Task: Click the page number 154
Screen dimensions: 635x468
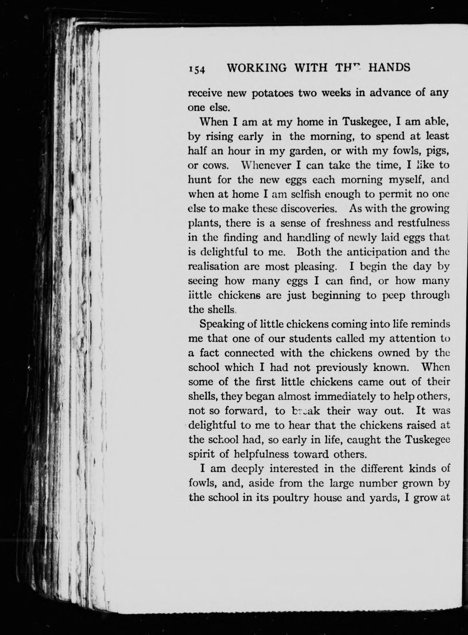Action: [x=196, y=69]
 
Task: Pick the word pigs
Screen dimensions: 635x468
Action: [x=437, y=151]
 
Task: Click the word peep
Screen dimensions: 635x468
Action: [x=393, y=296]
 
